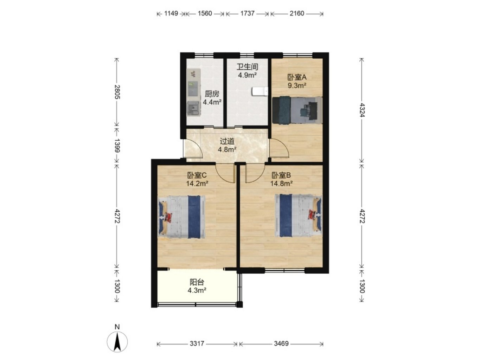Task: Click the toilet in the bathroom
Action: click(260, 91)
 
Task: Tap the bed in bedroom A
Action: click(297, 110)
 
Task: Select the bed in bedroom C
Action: click(181, 217)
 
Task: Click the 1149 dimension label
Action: click(171, 14)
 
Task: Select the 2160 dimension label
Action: click(297, 14)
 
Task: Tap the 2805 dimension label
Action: click(117, 92)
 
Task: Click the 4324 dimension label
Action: click(362, 110)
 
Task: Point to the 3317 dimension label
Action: click(197, 343)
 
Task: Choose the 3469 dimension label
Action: click(281, 343)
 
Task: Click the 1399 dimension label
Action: click(117, 145)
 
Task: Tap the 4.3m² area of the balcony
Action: click(197, 290)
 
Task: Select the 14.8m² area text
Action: click(281, 184)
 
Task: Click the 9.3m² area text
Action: click(297, 85)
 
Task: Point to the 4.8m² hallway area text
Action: click(227, 149)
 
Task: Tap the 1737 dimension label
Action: click(247, 14)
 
